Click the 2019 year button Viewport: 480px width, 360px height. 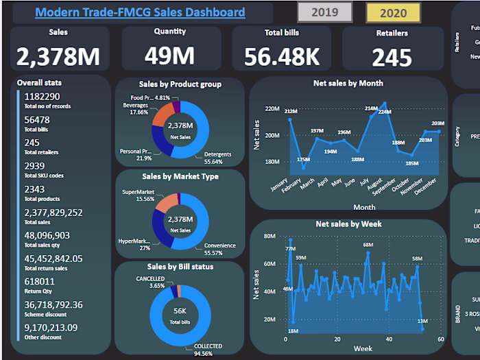[x=324, y=12]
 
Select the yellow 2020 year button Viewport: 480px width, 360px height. [x=393, y=12]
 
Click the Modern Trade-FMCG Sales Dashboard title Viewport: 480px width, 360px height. [x=140, y=12]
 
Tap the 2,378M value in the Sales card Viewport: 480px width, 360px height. [x=58, y=56]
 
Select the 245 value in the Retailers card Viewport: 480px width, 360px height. [x=392, y=57]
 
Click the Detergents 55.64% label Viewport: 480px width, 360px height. [x=217, y=158]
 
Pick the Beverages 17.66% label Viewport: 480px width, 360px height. [x=135, y=108]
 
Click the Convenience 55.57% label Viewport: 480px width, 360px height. [x=219, y=250]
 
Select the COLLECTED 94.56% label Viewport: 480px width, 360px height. [x=208, y=350]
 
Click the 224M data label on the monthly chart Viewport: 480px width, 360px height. [x=384, y=112]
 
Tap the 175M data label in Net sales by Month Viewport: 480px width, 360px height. [x=304, y=159]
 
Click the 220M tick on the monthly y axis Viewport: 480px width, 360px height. [x=272, y=109]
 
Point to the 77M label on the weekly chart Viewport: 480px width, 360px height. [x=290, y=249]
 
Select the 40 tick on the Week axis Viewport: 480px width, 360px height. [x=388, y=339]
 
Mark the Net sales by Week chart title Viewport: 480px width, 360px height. [x=348, y=224]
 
